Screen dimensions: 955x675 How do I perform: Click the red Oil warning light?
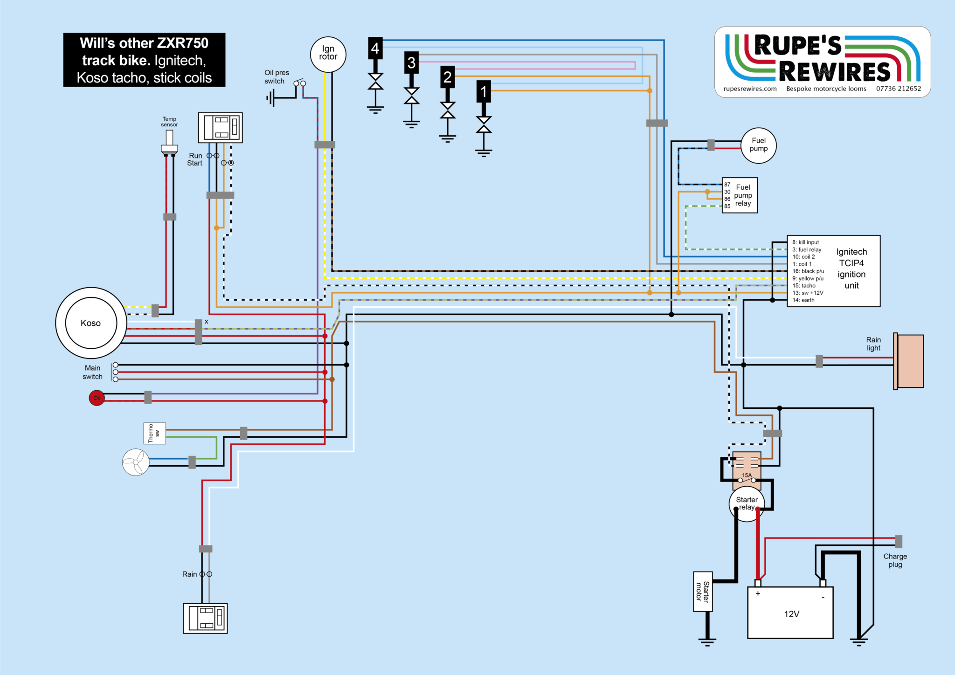97,398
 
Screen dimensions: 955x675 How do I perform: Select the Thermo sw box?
154,434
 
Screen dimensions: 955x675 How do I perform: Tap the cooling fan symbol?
136,462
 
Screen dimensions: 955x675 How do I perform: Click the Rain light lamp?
909,361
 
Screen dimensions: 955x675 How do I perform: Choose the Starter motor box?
703,592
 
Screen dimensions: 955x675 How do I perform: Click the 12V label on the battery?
792,614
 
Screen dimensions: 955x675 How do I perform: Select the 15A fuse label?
747,475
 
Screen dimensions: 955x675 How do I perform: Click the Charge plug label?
895,560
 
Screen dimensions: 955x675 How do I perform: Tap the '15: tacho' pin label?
804,286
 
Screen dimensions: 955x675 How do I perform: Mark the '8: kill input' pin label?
805,242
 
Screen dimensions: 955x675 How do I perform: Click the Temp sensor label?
169,122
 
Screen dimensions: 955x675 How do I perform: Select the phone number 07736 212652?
899,89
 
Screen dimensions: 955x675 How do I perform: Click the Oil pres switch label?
277,77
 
